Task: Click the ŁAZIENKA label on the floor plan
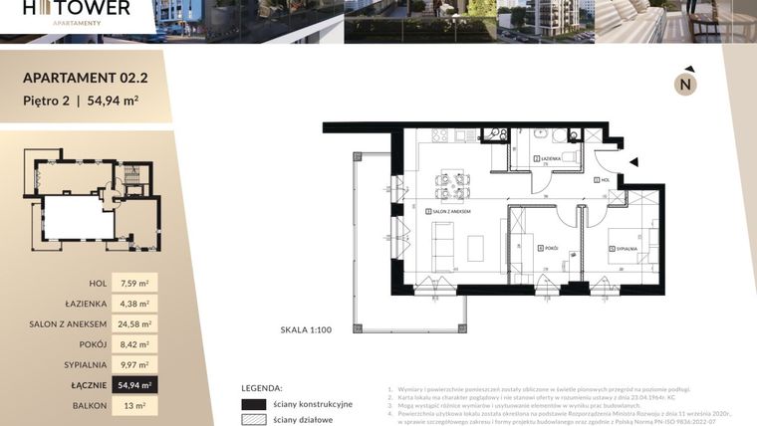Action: coord(549,159)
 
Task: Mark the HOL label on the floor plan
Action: coord(605,180)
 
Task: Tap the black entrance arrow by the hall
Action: coord(633,161)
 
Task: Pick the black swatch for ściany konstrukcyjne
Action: coord(254,404)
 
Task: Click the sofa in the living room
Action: coord(444,243)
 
